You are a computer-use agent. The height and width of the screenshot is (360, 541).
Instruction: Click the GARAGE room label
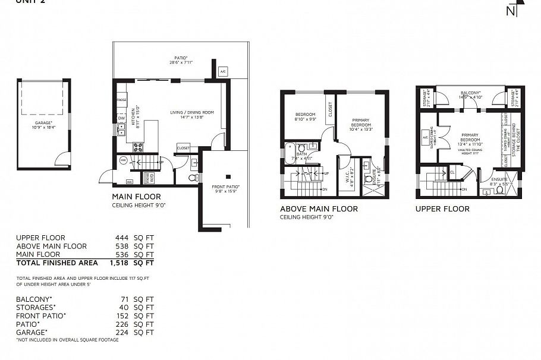pyautogui.click(x=43, y=123)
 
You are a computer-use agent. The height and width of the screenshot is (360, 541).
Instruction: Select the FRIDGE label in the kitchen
pyautogui.click(x=121, y=100)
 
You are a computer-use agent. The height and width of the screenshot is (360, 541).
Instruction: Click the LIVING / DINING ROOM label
pyautogui.click(x=191, y=112)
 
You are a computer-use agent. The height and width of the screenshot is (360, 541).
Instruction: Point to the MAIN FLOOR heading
pyautogui.click(x=136, y=197)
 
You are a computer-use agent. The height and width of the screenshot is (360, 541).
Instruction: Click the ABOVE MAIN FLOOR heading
pyautogui.click(x=319, y=209)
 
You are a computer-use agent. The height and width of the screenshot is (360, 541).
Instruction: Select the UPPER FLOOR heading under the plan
pyautogui.click(x=442, y=209)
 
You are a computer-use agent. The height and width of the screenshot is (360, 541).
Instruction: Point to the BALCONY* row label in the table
pyautogui.click(x=34, y=299)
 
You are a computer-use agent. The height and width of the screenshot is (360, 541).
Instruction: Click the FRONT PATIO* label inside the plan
pyautogui.click(x=225, y=188)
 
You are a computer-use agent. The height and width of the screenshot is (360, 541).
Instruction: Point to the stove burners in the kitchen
pyautogui.click(x=138, y=146)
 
